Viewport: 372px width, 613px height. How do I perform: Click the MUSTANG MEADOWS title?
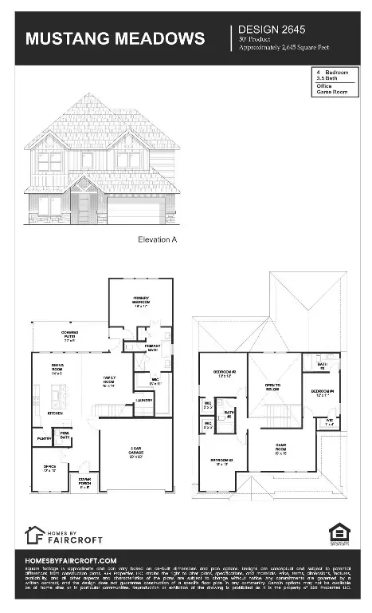[114, 38]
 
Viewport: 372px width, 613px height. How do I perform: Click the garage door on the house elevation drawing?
[135, 211]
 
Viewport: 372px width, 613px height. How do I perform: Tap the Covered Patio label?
[69, 336]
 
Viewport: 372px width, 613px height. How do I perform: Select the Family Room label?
[109, 382]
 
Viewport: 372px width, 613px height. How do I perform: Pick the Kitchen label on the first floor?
[55, 413]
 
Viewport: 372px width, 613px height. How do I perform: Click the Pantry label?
[42, 439]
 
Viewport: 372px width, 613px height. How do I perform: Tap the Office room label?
[49, 469]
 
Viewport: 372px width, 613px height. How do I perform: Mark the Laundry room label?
[144, 400]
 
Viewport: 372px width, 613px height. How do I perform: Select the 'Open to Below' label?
[274, 387]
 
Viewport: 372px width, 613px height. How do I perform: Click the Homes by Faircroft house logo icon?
[35, 534]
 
